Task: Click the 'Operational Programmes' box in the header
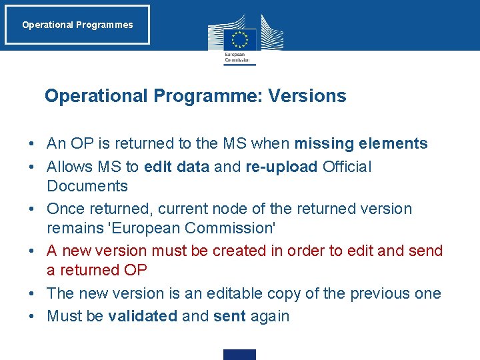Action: [x=77, y=25]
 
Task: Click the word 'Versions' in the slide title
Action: [x=307, y=96]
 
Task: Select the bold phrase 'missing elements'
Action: [x=361, y=143]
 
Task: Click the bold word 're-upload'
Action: [x=281, y=166]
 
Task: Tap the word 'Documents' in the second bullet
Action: [x=87, y=186]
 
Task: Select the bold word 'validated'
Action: [x=142, y=316]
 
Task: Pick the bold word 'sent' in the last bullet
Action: [x=230, y=316]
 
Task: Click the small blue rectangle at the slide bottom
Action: [x=239, y=355]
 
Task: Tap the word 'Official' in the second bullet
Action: [x=347, y=166]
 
